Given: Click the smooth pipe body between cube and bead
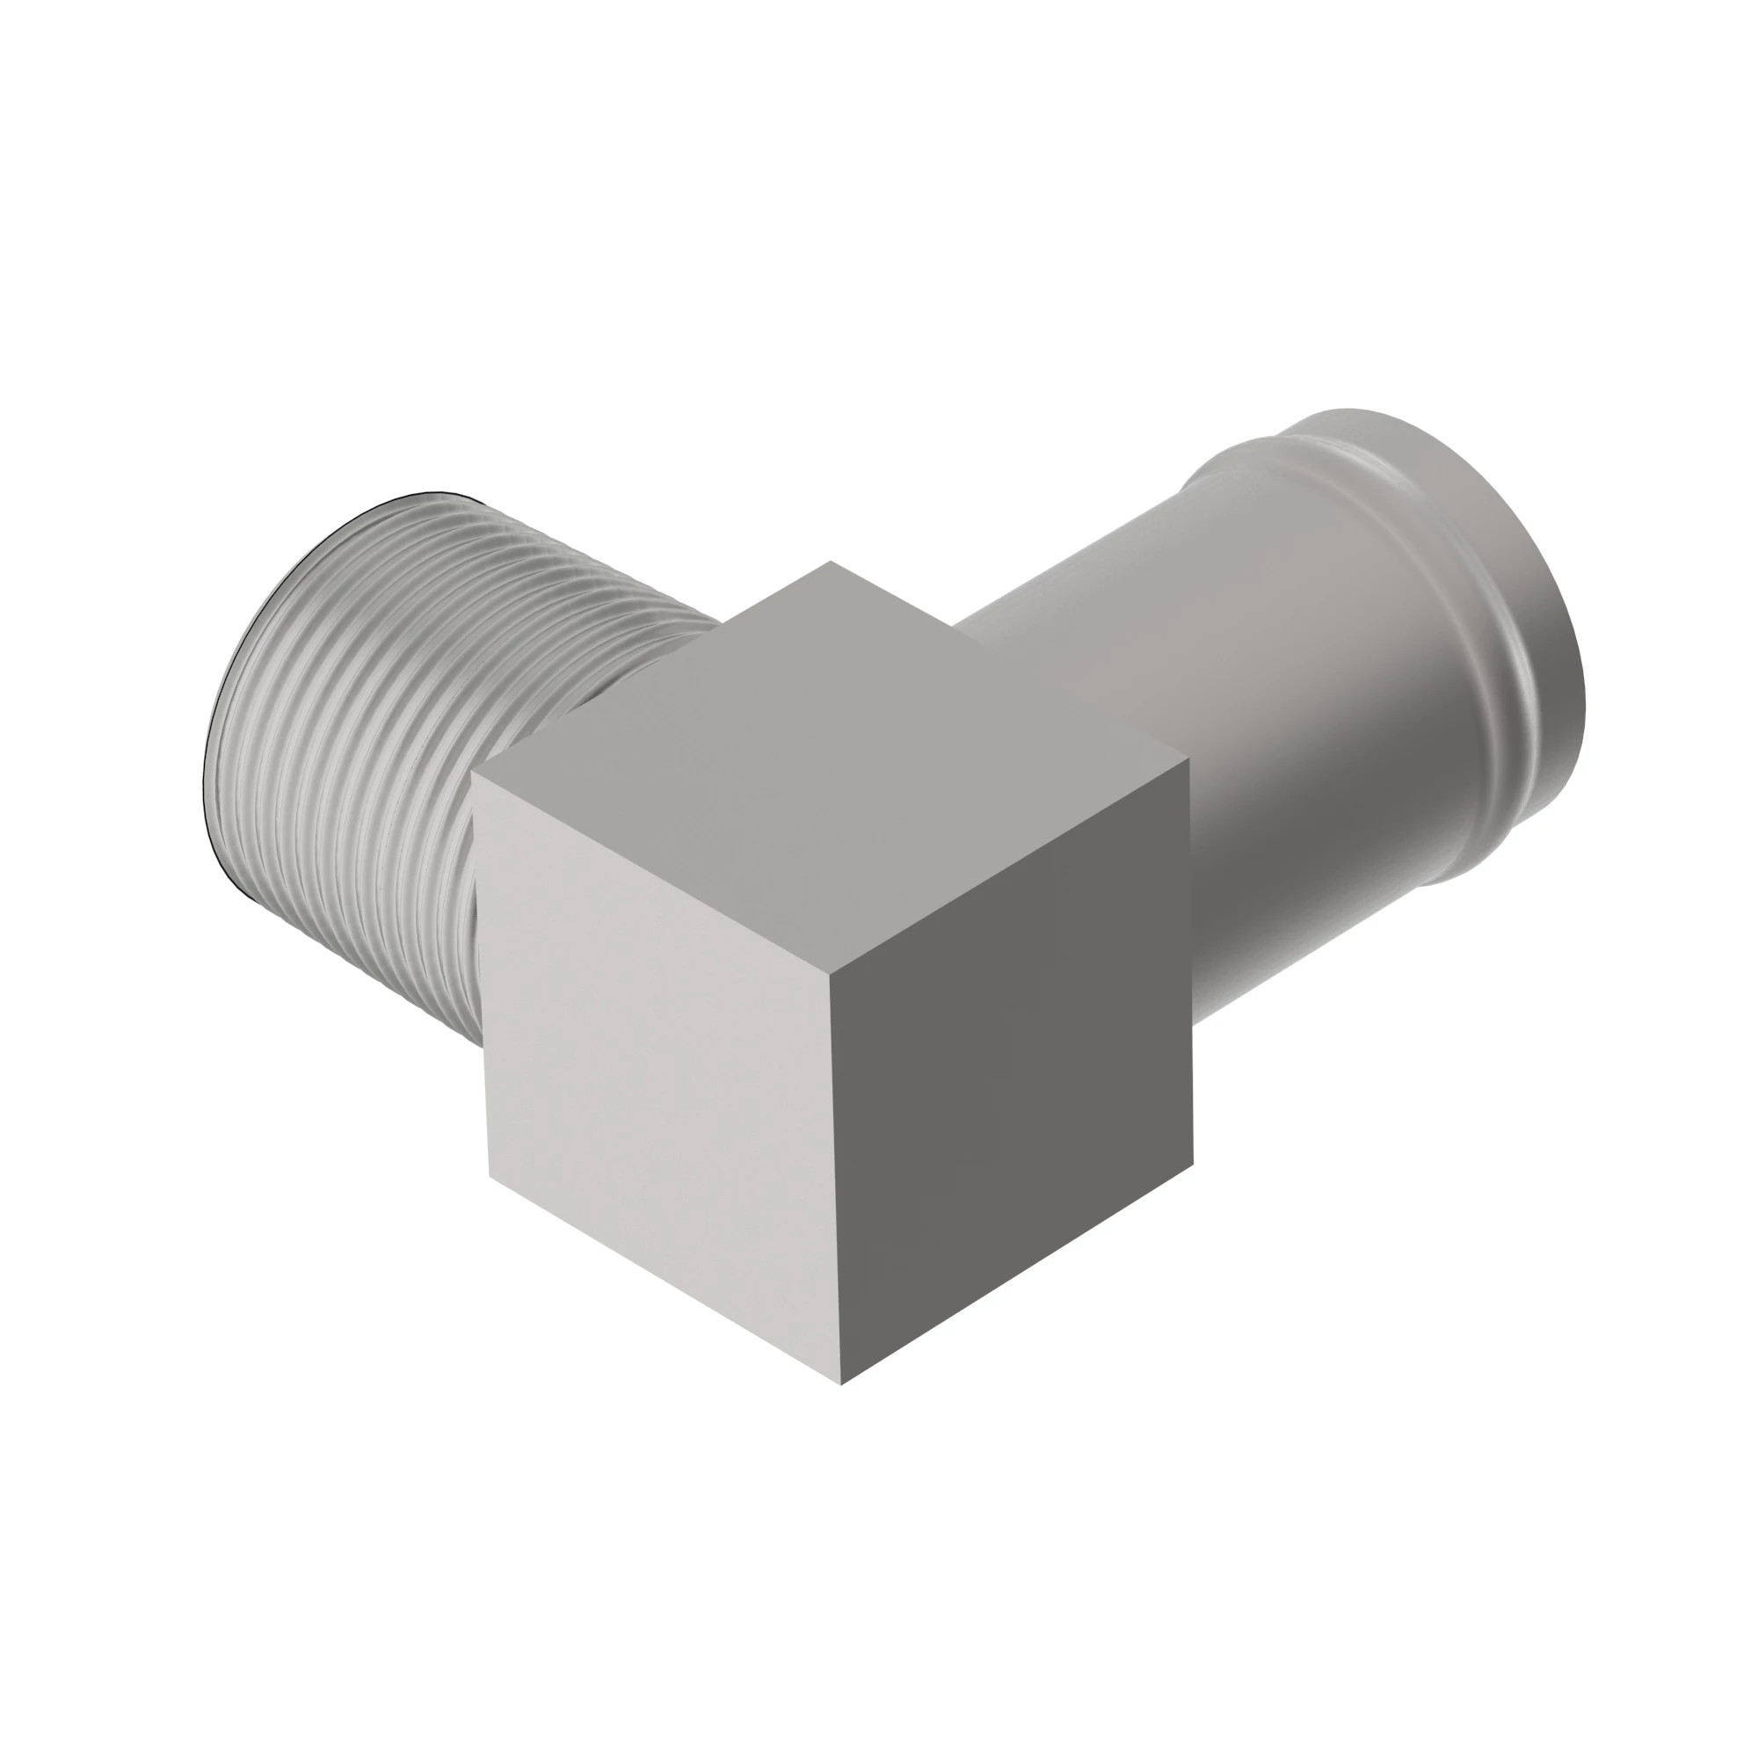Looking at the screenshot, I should [1274, 728].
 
